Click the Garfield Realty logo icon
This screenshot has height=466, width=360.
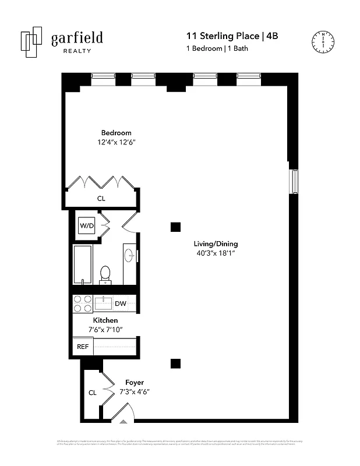pos(31,42)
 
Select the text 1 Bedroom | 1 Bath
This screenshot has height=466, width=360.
pos(217,49)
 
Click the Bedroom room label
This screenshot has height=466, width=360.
pos(116,133)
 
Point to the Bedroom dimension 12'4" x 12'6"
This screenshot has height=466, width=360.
pos(116,142)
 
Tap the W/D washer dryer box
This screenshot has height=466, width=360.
pos(87,225)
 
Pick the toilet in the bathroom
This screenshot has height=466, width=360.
pos(105,274)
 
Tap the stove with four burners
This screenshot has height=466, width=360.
pos(82,304)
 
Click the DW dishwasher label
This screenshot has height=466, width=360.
pos(121,304)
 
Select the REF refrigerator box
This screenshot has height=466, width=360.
pos(82,346)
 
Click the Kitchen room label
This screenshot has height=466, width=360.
pos(105,320)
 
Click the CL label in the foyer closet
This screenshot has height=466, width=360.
pos(93,393)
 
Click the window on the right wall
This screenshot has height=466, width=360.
pos(294,182)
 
